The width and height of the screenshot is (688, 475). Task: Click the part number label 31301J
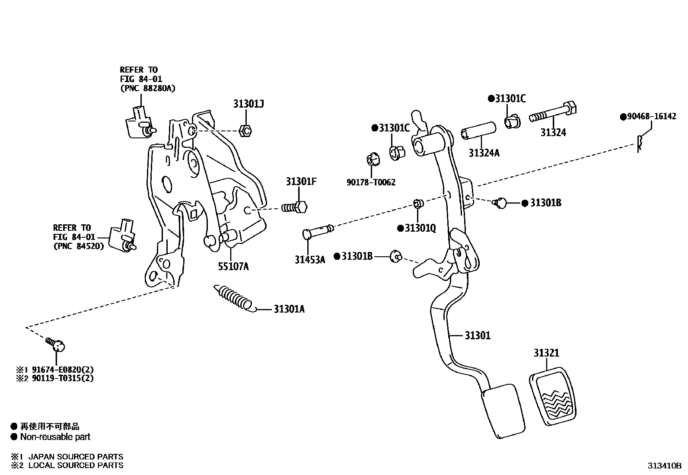248,104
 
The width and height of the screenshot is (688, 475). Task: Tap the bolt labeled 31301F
295,207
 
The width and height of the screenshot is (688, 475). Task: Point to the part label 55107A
233,266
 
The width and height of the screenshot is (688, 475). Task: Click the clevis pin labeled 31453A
318,231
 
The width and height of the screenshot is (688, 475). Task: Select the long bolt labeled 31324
553,113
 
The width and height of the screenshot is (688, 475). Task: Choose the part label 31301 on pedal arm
478,335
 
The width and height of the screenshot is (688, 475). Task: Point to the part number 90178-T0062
371,183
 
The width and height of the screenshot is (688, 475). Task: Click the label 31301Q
420,228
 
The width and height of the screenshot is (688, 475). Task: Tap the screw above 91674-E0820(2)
56,345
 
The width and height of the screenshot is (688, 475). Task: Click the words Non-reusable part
55,437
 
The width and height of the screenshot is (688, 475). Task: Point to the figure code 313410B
664,466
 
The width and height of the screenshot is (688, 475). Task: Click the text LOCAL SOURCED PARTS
76,465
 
